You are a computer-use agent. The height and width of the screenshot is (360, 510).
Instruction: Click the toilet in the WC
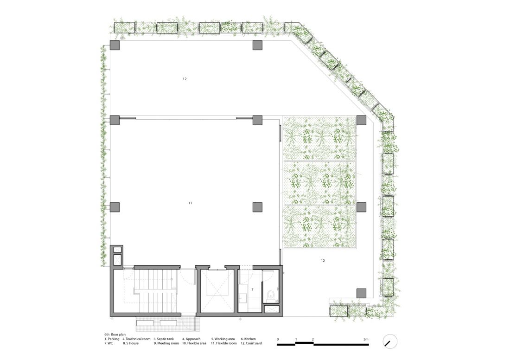271,296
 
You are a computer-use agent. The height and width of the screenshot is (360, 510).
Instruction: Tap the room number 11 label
190,203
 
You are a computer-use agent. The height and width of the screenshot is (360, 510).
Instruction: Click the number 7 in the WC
252,289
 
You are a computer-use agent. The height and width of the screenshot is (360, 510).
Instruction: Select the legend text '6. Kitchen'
248,339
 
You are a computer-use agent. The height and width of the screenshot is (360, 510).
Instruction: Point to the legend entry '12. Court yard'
251,343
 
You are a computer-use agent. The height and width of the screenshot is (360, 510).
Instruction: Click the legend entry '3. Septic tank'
164,339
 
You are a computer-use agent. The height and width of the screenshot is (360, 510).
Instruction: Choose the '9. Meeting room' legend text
166,343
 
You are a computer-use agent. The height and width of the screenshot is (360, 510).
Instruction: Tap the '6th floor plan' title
115,334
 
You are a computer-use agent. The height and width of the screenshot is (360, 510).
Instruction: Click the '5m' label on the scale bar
366,339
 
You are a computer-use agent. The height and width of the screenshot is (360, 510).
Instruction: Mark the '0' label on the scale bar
278,339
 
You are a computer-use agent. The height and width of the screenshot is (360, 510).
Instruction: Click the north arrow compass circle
390,342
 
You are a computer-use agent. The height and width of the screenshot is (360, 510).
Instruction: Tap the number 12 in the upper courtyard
185,79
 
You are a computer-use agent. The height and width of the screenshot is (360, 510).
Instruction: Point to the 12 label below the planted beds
323,261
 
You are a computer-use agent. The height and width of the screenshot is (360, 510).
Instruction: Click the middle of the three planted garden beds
320,183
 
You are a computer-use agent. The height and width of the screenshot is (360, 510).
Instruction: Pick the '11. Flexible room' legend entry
224,343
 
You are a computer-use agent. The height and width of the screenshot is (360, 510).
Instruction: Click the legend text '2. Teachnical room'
136,339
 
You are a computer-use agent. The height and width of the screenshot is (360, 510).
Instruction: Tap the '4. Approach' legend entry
191,339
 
